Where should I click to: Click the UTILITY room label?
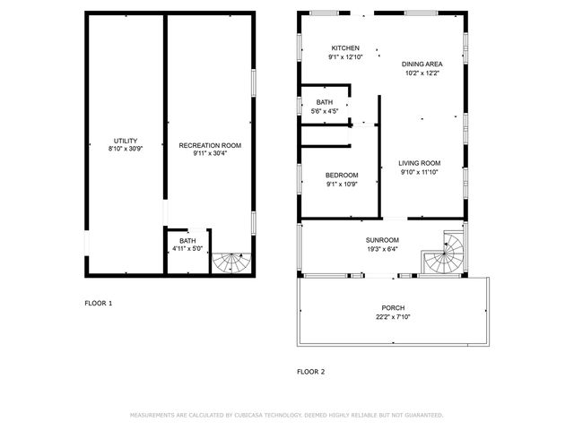click(125, 141)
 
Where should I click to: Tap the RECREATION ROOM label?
click(210, 145)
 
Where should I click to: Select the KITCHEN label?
click(345, 48)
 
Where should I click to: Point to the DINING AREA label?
click(422, 64)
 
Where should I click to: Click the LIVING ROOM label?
click(420, 163)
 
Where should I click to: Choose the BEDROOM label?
click(342, 175)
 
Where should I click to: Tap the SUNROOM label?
click(382, 240)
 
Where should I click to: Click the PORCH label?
click(394, 307)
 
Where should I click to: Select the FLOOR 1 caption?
click(99, 303)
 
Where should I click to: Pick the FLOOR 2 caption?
click(311, 370)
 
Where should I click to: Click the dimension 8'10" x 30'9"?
click(125, 150)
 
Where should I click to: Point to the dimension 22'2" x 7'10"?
click(394, 316)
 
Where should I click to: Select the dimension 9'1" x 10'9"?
click(342, 184)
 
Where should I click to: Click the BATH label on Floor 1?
click(187, 240)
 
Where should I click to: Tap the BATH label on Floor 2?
click(324, 103)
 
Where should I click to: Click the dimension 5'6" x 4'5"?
click(324, 111)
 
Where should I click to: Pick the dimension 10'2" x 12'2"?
click(422, 73)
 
